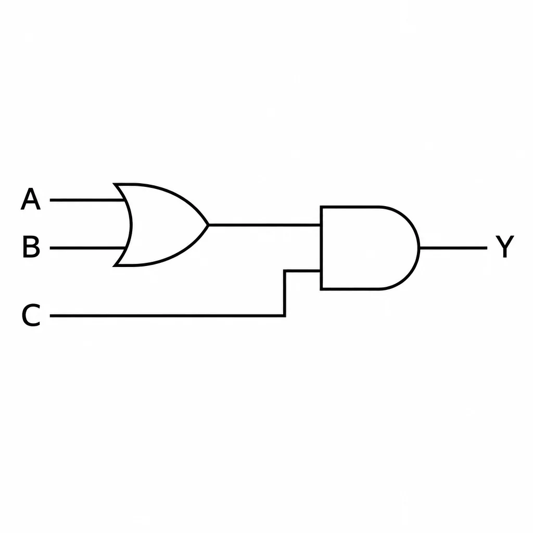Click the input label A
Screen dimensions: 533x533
[31, 199]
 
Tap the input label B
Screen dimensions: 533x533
[31, 247]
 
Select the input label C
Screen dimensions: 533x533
[31, 315]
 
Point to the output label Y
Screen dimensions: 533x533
[504, 246]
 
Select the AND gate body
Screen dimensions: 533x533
[367, 248]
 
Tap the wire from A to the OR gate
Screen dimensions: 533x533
[87, 200]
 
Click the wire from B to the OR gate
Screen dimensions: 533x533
[87, 248]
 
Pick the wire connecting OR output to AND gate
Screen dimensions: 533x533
[264, 225]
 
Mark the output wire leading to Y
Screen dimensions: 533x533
[453, 248]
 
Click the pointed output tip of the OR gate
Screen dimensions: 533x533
[208, 225]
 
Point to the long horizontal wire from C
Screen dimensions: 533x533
[167, 316]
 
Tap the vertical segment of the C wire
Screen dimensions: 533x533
[285, 294]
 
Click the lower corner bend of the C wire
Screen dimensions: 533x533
[285, 316]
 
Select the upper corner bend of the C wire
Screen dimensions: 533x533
[285, 271]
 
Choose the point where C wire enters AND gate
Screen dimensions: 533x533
[321, 271]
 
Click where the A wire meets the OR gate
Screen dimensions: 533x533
[125, 200]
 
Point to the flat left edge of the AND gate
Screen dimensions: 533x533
[321, 248]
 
